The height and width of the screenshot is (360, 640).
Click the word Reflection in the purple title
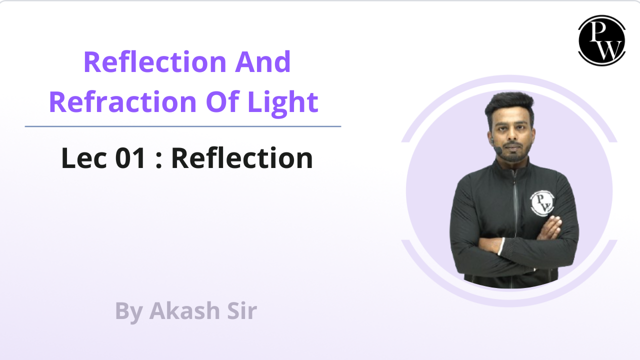148,62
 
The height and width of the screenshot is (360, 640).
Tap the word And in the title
263,62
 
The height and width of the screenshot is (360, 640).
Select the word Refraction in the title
122,102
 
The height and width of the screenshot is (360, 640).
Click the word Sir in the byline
241,311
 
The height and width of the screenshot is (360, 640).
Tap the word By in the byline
128,312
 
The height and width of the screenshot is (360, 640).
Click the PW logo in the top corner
601,40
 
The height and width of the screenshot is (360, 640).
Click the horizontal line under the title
183,126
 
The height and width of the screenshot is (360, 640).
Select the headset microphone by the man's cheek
498,149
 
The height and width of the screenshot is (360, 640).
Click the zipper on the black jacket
514,210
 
